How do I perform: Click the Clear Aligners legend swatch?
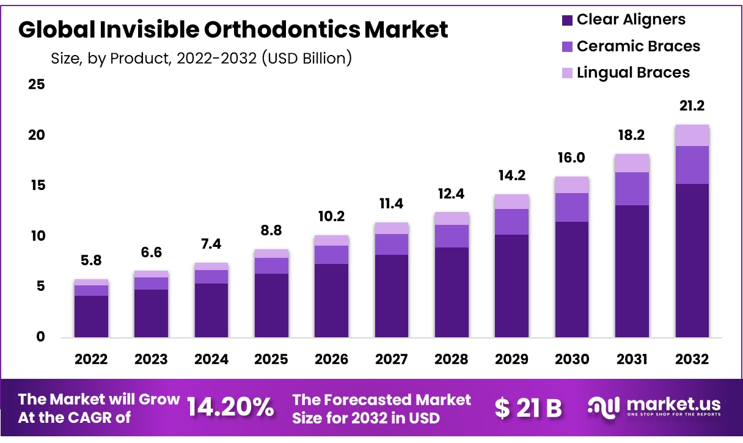pos(567,20)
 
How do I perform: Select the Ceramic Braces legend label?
pos(638,46)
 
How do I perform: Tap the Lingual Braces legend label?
pos(633,73)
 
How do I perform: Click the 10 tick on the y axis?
pos(37,236)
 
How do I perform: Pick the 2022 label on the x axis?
pos(91,359)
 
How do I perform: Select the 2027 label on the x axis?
pos(391,359)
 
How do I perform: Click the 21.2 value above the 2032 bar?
pos(692,106)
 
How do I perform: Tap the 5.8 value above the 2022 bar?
pos(91,260)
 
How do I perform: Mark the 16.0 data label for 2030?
pos(571,158)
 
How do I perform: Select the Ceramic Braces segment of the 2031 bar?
pos(632,188)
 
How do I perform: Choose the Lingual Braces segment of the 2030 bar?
pos(571,185)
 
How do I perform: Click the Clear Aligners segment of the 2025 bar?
pos(271,305)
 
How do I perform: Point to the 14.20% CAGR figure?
pos(230,408)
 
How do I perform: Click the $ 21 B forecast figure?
pos(529,408)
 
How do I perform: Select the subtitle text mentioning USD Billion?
pos(202,59)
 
